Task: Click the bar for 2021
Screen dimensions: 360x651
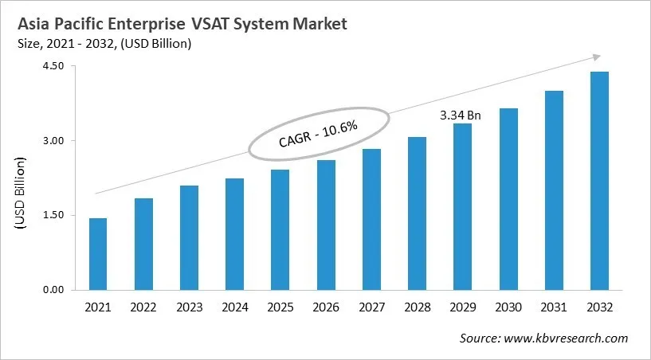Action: point(98,253)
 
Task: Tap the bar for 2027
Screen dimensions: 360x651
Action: point(371,219)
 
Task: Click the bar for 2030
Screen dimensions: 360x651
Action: point(508,198)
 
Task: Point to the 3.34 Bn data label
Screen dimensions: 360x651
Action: point(461,115)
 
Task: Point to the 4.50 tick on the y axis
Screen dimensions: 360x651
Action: point(52,67)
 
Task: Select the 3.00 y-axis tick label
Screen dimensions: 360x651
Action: point(52,141)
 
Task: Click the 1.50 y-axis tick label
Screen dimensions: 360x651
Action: point(52,215)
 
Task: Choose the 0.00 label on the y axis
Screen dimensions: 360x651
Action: point(52,289)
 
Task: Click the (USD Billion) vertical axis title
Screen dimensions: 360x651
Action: point(20,194)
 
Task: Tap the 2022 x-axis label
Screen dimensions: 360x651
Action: point(143,307)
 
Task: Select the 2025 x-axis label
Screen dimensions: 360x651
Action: point(280,307)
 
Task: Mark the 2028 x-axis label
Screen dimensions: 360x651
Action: point(417,307)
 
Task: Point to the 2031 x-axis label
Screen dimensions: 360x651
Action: point(553,307)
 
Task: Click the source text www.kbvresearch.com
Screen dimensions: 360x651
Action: point(567,338)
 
